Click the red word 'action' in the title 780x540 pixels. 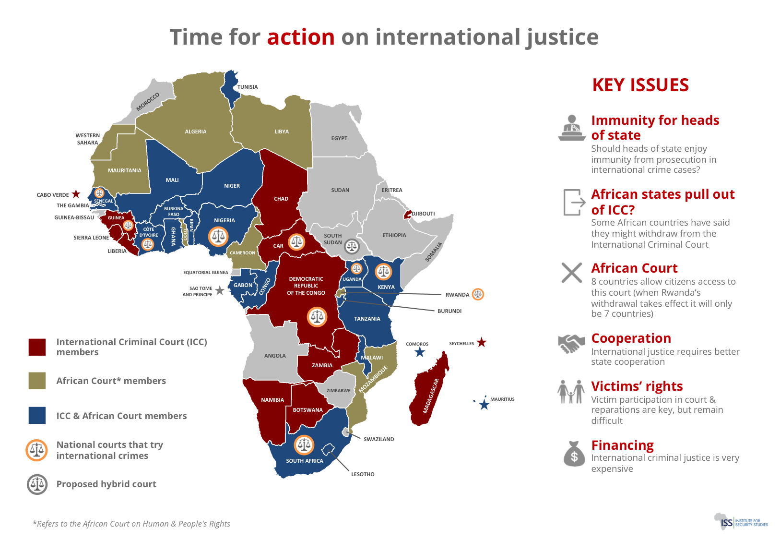(301, 37)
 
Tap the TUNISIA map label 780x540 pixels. (248, 87)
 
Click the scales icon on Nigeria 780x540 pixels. (218, 236)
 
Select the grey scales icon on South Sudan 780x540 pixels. (352, 247)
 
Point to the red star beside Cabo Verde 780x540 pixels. (76, 194)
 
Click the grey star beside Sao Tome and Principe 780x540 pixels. (220, 290)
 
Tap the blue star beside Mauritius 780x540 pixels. (484, 405)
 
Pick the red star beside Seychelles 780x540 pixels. (482, 342)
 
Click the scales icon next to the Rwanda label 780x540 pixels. (478, 294)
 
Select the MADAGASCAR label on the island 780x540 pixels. (430, 396)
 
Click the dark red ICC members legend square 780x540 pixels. (37, 347)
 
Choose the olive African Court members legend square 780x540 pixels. (37, 381)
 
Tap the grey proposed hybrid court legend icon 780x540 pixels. (37, 484)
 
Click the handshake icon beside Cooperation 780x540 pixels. (571, 344)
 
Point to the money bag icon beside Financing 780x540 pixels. (574, 454)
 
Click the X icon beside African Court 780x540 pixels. (572, 273)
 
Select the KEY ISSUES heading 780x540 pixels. (640, 85)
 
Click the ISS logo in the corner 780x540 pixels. (741, 522)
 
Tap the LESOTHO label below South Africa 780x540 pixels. (363, 474)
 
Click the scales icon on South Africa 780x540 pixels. (304, 445)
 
